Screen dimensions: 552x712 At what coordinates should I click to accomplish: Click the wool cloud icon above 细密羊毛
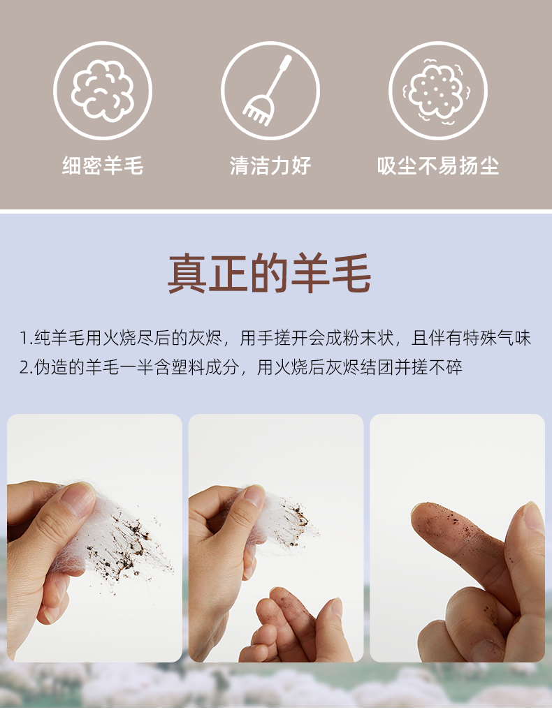(x=103, y=91)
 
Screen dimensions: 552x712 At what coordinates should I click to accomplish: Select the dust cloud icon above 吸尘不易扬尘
(x=437, y=91)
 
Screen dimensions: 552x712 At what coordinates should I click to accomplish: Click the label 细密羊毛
(x=103, y=165)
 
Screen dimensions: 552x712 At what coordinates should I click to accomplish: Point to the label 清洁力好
(x=270, y=165)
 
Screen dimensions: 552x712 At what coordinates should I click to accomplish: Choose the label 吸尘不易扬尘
(x=438, y=165)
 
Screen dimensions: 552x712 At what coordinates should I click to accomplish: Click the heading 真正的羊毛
(x=270, y=274)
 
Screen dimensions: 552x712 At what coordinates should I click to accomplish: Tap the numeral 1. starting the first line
(x=25, y=339)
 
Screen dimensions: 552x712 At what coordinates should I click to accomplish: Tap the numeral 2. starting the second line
(x=25, y=367)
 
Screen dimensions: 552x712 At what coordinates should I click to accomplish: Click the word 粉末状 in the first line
(x=368, y=338)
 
